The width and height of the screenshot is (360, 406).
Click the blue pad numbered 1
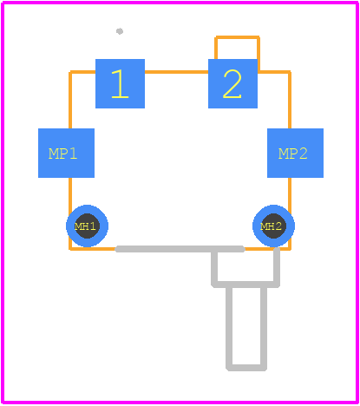coord(120,83)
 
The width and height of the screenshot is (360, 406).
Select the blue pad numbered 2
coord(232,83)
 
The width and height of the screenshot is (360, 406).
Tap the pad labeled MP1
coord(66,153)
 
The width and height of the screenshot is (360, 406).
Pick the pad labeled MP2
coord(295,153)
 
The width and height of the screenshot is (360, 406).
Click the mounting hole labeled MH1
coord(87,226)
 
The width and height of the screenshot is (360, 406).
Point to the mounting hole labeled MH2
coord(273,226)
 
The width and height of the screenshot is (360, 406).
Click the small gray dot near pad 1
coord(120,31)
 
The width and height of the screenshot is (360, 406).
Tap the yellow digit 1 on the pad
coord(120,84)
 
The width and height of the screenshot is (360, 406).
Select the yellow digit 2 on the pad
coord(232,84)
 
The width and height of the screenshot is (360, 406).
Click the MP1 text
coord(62,154)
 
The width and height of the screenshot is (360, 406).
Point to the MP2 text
coord(292,154)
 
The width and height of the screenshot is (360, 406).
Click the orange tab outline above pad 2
coord(237,37)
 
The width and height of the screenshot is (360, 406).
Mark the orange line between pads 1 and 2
coord(176,72)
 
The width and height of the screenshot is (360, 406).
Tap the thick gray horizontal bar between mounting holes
coord(180,249)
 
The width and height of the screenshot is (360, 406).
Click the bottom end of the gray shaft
coord(246,368)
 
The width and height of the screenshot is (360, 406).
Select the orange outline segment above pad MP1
coord(70,100)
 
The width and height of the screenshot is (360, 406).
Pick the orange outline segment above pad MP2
coord(290,100)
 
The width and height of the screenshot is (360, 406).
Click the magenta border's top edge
coord(180,3)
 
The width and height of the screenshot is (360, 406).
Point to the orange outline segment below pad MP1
coord(70,192)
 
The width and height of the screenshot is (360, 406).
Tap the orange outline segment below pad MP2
coord(290,192)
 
